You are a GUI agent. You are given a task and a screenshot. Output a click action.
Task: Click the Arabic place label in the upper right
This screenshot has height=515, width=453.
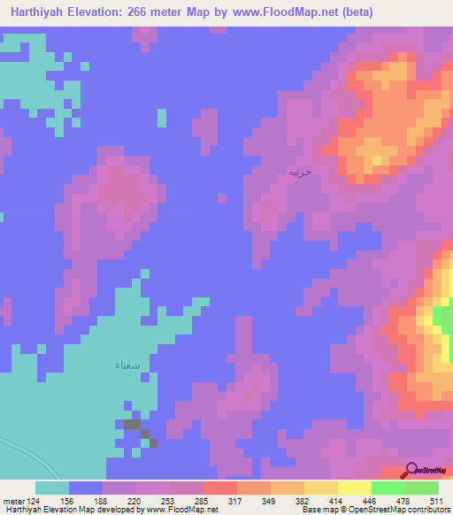300,172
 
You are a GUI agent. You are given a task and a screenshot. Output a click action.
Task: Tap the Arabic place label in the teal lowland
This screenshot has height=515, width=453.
127,365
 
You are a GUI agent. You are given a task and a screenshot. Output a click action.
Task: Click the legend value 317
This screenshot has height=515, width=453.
234,501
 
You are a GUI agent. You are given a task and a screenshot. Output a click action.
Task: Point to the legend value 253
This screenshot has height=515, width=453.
167,501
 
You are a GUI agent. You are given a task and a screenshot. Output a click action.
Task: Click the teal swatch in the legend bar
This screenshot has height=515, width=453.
52,488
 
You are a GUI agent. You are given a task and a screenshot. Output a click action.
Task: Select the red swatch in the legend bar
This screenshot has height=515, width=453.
219,488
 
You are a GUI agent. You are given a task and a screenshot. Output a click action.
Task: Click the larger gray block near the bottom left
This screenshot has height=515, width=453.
131,425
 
